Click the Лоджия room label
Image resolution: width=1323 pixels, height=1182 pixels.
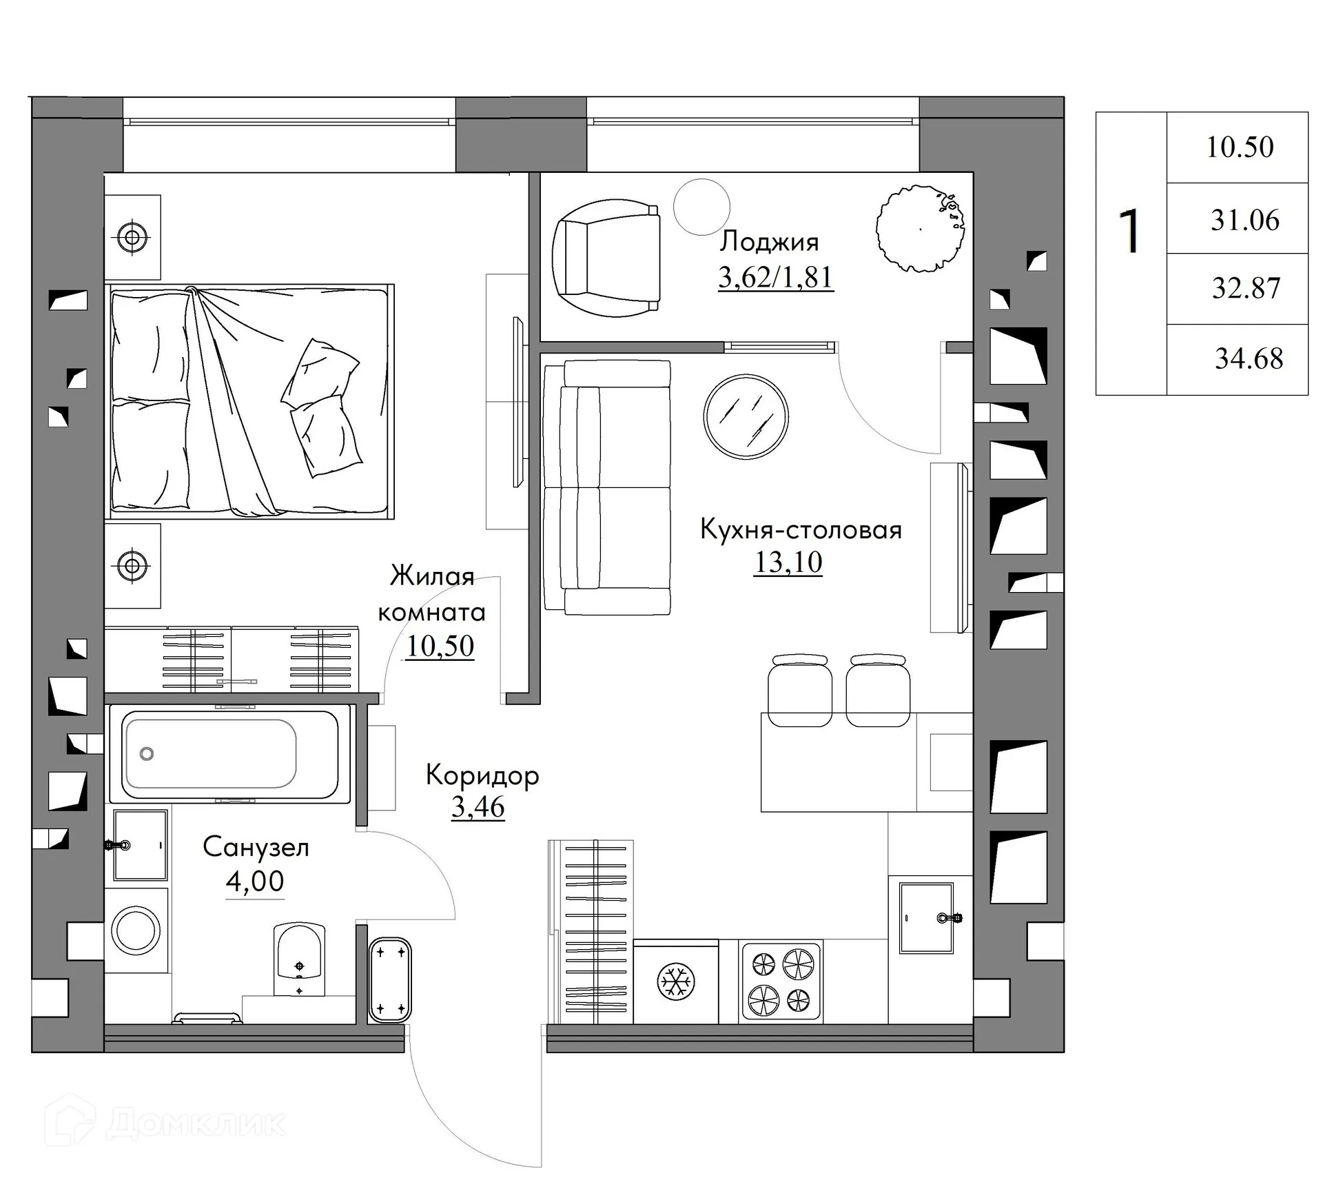tap(769, 242)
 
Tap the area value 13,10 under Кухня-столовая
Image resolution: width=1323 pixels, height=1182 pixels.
tap(788, 562)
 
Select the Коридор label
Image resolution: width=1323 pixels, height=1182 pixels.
tap(482, 775)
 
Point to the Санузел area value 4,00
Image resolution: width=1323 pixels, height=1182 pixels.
tap(254, 881)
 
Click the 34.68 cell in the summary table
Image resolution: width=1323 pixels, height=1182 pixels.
tap(1248, 359)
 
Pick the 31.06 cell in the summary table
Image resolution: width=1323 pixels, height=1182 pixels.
tap(1244, 221)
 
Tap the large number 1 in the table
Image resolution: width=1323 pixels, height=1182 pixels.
tap(1129, 233)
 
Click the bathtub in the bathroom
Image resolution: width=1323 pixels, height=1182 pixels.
tap(229, 754)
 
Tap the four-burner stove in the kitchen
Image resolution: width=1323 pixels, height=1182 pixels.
tap(781, 981)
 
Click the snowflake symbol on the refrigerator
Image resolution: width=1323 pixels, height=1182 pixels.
tap(675, 981)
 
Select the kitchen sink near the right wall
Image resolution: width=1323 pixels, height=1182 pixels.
tap(926, 917)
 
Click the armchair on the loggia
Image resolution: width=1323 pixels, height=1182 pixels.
tap(606, 257)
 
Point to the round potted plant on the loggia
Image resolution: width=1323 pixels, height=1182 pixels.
tap(919, 228)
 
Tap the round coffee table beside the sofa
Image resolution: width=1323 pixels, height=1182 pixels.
tap(746, 416)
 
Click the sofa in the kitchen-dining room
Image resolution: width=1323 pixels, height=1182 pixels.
tap(606, 487)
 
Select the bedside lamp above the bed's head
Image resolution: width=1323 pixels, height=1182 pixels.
tap(132, 237)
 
